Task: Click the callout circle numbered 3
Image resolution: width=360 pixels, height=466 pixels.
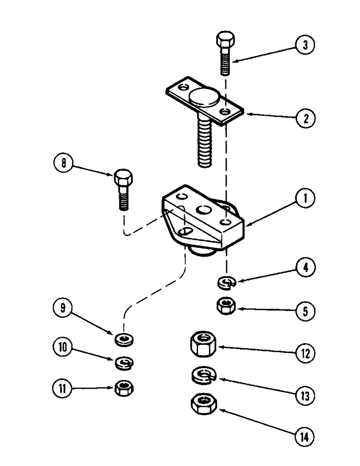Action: [305, 45]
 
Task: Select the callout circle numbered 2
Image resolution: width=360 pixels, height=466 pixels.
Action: [305, 118]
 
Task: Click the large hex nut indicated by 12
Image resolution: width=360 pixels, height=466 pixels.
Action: [202, 345]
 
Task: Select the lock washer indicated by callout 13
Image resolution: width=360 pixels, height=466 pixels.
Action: [202, 375]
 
